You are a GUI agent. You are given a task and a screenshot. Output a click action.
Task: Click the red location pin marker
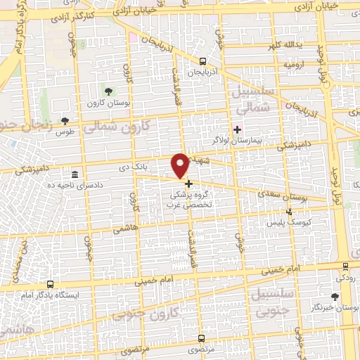(x=181, y=165)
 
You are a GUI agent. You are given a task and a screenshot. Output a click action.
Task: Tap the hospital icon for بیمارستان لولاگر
(x=236, y=129)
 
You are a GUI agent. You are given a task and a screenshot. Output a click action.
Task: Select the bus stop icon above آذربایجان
(x=202, y=61)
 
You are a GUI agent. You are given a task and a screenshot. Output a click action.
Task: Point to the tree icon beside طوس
(x=65, y=120)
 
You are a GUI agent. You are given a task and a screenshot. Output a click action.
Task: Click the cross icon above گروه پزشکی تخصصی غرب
(x=188, y=183)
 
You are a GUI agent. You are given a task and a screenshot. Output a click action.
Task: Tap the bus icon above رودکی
(x=345, y=266)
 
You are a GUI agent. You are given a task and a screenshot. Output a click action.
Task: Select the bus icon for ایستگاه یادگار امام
(x=49, y=283)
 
